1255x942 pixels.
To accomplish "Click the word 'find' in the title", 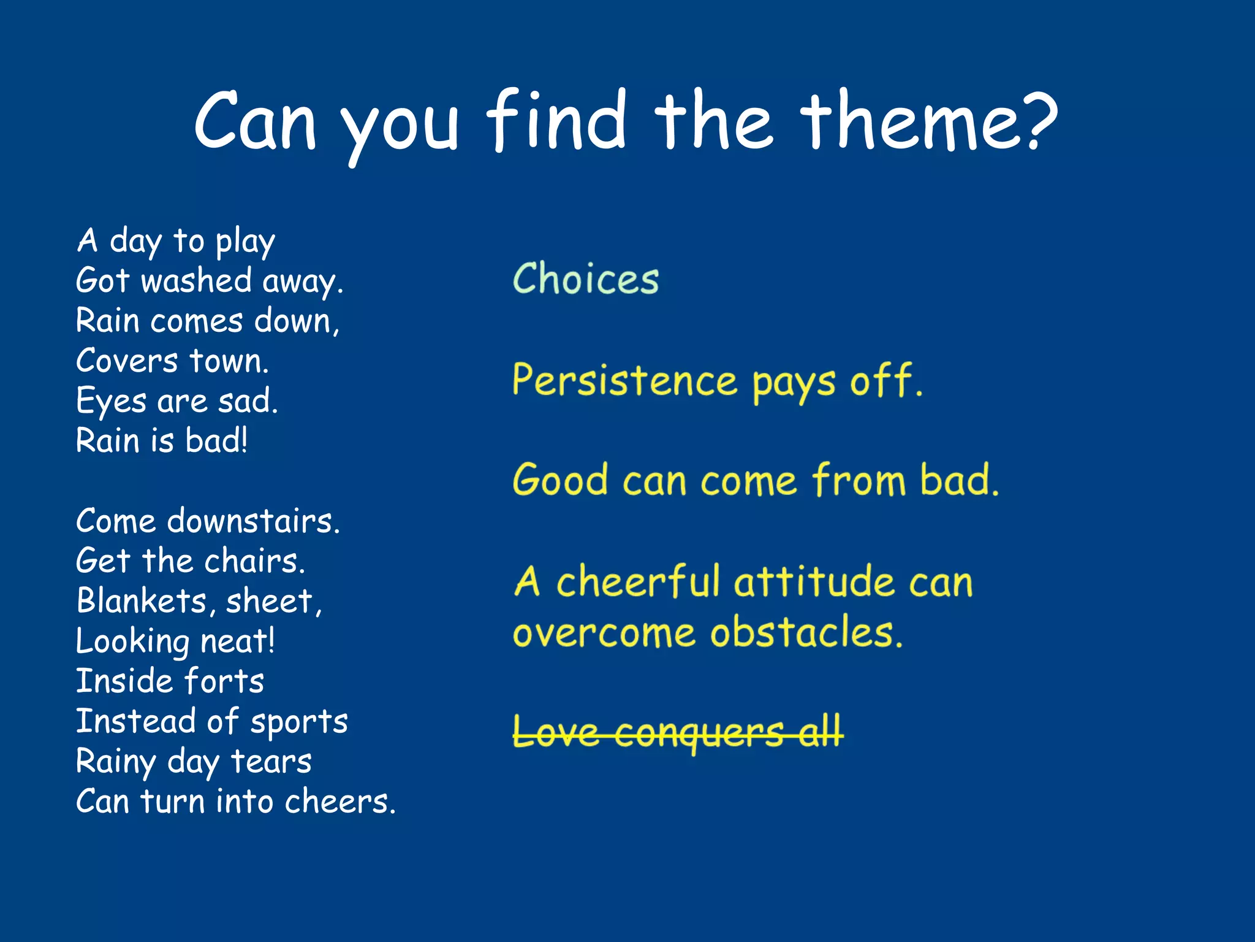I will click(x=556, y=120).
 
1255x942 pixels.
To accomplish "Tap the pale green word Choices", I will click(x=585, y=279).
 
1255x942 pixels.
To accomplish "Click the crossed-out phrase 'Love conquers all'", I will click(x=677, y=732).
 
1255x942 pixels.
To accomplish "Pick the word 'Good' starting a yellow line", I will click(x=560, y=480).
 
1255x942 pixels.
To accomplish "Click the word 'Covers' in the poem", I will click(x=126, y=361).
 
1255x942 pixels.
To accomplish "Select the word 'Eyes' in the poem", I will click(x=111, y=402).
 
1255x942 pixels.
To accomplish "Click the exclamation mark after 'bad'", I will click(x=244, y=440).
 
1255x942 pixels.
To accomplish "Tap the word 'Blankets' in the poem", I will click(x=142, y=601).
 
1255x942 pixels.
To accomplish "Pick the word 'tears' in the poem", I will click(x=271, y=762).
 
